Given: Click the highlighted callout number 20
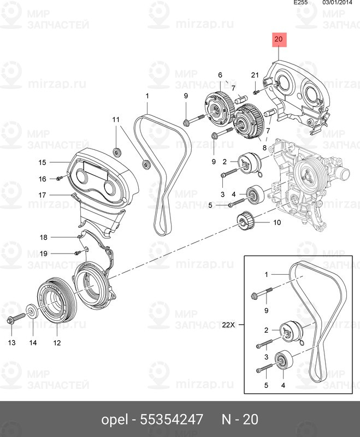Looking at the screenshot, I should coord(279,39).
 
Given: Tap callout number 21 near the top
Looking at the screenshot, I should coord(255,75).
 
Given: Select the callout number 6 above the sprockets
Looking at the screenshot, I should coord(220,75).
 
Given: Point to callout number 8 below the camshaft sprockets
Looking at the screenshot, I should coord(264,147).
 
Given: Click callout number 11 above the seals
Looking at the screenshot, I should coord(116,120).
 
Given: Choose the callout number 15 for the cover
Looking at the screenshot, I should coord(42,162).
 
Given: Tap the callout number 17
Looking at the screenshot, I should coord(42,194).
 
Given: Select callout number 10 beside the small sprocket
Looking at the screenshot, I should coord(276,222).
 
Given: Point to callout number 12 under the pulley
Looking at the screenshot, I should coord(57,343).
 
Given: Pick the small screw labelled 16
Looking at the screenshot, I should coord(61,178).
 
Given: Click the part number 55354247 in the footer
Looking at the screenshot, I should coord(172,420).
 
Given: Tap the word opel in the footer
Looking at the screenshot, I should coord(114,420).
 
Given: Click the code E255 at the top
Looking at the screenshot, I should coord(300,3).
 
